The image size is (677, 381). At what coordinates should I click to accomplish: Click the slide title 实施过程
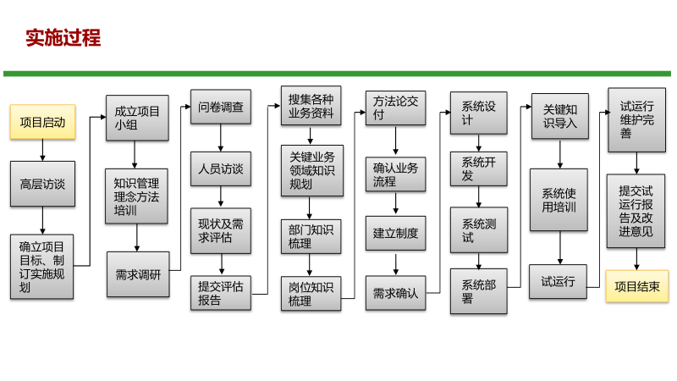(x=63, y=37)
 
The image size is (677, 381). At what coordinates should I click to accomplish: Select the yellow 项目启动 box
(x=42, y=121)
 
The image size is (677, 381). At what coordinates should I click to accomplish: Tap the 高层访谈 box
(x=42, y=183)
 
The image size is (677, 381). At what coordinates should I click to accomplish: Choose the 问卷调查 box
(x=221, y=108)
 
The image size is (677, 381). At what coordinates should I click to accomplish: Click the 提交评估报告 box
(x=221, y=292)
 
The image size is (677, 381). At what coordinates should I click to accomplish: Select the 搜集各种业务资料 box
(x=311, y=106)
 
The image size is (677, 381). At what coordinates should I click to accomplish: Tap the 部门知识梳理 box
(x=311, y=235)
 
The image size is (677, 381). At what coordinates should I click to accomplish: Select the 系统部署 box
(x=479, y=291)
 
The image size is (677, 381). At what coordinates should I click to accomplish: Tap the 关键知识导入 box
(x=560, y=115)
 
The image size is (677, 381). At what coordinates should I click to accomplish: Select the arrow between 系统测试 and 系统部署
(x=479, y=260)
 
